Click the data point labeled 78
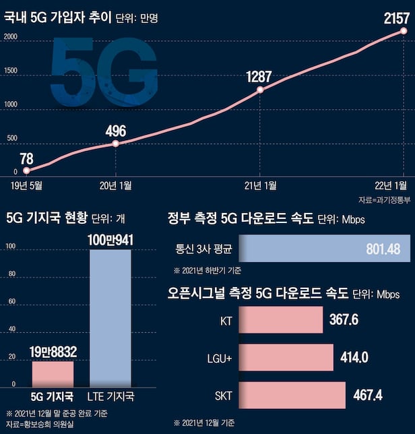[26, 170]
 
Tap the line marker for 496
[116, 144]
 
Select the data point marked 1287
[260, 89]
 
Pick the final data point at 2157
[404, 31]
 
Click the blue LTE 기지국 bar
[110, 317]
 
